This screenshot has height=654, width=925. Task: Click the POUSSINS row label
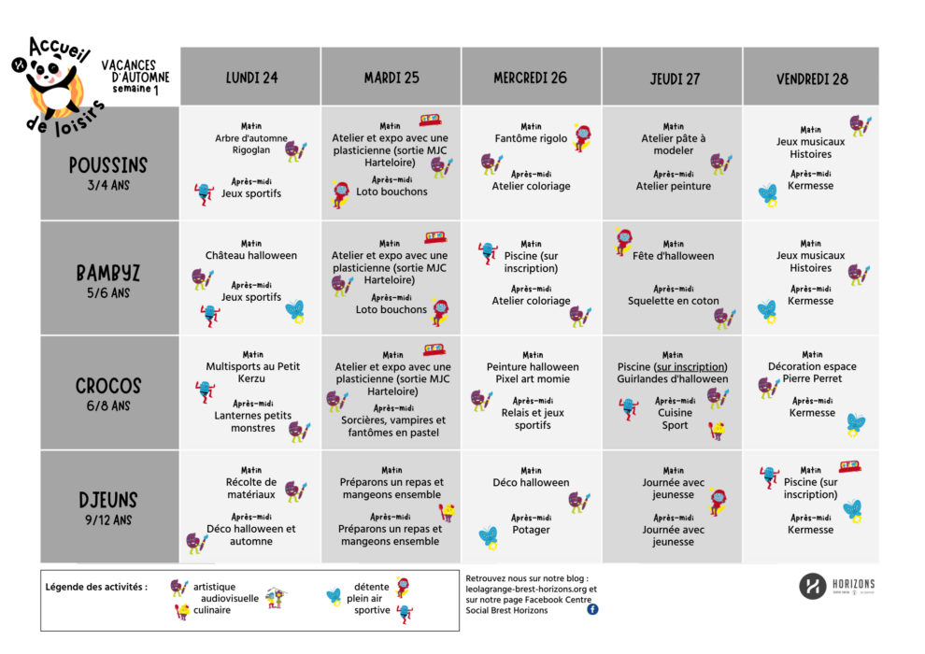coord(108,165)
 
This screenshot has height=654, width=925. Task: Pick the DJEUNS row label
coord(108,500)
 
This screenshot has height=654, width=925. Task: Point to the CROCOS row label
coord(108,386)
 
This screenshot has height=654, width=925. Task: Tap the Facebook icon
coord(592,609)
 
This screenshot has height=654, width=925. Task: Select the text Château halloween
coord(251,255)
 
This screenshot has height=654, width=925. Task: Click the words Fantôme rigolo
coord(531,138)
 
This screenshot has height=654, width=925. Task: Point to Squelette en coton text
coord(673,301)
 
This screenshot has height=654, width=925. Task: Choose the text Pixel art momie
coord(531,379)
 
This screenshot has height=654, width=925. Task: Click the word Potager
coord(531,530)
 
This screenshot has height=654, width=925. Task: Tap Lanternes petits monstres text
coord(251,421)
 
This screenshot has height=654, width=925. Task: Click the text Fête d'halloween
coord(673,255)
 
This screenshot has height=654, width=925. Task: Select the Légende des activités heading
coord(96,588)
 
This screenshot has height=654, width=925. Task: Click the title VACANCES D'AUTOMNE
coord(135,72)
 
